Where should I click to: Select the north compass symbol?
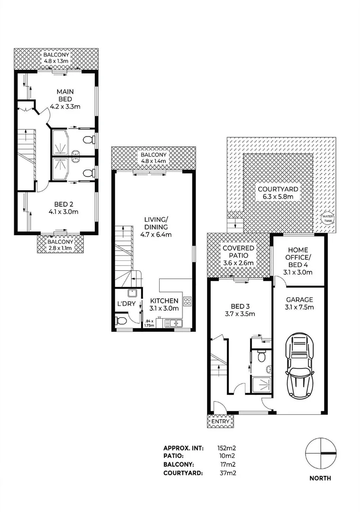pyautogui.click(x=321, y=454)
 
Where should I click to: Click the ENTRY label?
pyautogui.click(x=220, y=421)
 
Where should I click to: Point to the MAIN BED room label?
pyautogui.click(x=64, y=95)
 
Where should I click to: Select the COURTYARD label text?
pyautogui.click(x=278, y=189)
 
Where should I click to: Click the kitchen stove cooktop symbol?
pyautogui.click(x=187, y=301)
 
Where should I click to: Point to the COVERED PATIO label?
pyautogui.click(x=239, y=252)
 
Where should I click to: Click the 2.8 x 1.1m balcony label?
pyautogui.click(x=61, y=247)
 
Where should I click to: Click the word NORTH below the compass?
pyautogui.click(x=321, y=478)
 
